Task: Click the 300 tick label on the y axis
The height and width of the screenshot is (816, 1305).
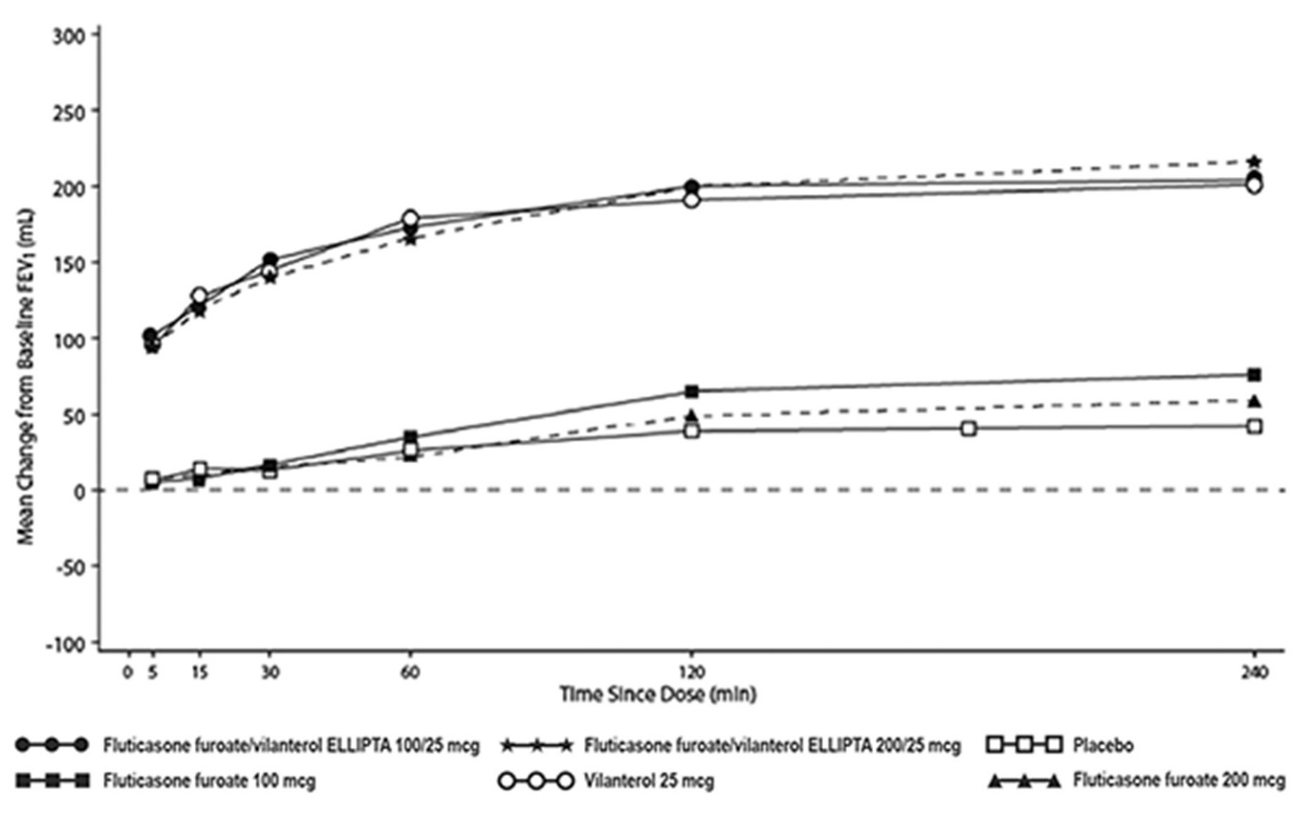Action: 75,34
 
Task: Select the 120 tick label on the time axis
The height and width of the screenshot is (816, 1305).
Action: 691,672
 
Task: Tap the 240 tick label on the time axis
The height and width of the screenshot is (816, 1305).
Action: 1254,672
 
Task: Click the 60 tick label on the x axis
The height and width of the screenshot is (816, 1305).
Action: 410,672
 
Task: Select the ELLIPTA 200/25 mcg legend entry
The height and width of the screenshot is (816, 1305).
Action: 771,744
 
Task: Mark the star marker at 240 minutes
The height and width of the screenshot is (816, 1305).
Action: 1254,162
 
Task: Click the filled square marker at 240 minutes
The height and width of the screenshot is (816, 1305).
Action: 1254,374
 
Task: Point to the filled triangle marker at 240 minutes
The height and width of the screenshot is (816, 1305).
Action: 1254,401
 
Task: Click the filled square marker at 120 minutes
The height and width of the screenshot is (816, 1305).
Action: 691,391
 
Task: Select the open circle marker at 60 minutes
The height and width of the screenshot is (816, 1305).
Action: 410,219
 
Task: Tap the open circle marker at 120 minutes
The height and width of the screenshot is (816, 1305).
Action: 691,200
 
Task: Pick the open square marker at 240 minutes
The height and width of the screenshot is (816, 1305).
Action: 1254,426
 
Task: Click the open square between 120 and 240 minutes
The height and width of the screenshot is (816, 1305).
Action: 968,429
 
